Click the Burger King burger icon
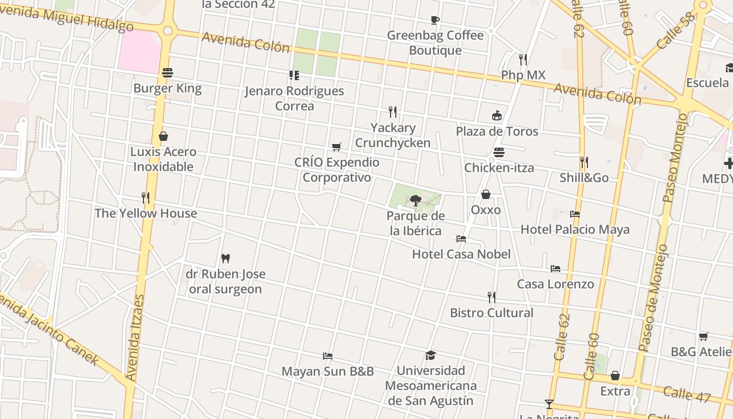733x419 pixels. coord(168,73)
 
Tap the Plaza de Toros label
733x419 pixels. coord(497,131)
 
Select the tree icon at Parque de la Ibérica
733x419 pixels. coord(416,200)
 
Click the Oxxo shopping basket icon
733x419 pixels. coord(486,194)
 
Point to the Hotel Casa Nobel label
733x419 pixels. coord(461,254)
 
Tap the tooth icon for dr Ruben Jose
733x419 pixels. coord(226,258)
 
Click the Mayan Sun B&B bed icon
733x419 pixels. coord(328,356)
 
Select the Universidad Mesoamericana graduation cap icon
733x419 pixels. coord(430,355)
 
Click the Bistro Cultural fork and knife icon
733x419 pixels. coord(491,297)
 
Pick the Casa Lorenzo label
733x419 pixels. coord(556,284)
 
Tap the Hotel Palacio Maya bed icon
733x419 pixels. coord(574,214)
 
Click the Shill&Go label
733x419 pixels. coord(584,178)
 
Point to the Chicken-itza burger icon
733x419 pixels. coord(499,152)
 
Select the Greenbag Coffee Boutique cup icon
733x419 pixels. coord(435,20)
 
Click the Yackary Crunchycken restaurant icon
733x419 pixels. coord(393,112)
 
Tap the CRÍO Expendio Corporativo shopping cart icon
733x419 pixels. coord(337,147)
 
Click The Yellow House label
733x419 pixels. coord(146,213)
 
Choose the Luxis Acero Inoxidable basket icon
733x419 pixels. coord(163,137)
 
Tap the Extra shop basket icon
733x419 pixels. coord(615,376)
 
